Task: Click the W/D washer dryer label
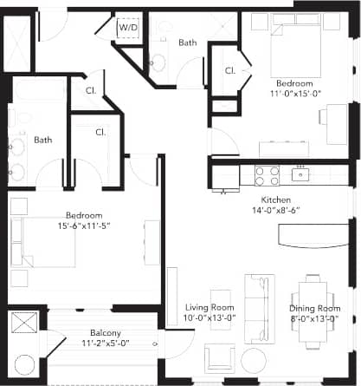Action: click(x=128, y=27)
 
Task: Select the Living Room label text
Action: click(x=210, y=307)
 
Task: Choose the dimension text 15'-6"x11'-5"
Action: click(x=84, y=226)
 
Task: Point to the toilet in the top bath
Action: click(x=158, y=61)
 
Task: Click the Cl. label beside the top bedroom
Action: click(x=230, y=69)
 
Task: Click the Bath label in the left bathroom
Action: click(x=42, y=139)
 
